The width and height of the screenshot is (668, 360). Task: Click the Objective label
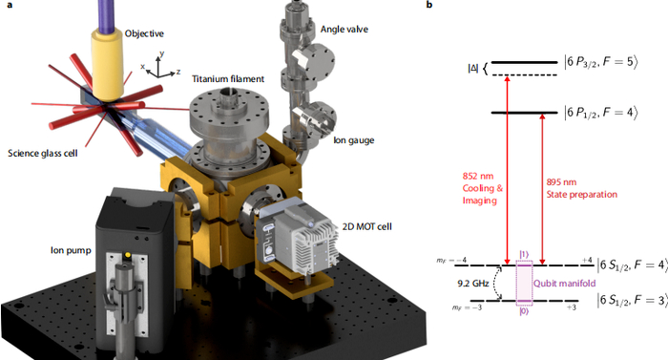(x=144, y=33)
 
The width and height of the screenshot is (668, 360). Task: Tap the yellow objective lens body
(x=108, y=64)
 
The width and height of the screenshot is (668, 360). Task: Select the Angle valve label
(x=344, y=30)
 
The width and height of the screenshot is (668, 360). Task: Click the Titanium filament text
(x=228, y=79)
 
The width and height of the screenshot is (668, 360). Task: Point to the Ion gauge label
(x=354, y=140)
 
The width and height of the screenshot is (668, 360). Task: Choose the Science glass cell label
(x=43, y=153)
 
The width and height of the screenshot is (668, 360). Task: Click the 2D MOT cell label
(x=366, y=226)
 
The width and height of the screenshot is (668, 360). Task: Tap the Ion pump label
(x=71, y=250)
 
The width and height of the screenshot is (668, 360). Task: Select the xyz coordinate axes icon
(x=160, y=66)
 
